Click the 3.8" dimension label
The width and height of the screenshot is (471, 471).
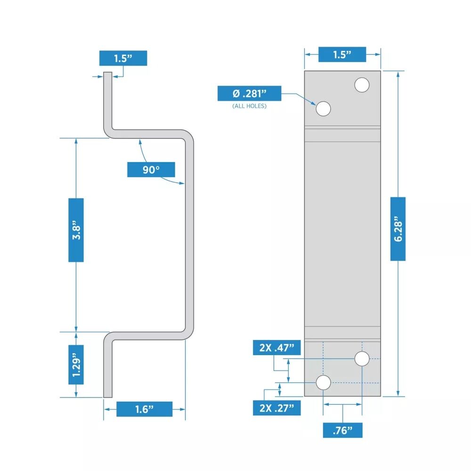click(76, 230)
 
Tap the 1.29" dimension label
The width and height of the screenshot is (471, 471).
click(76, 364)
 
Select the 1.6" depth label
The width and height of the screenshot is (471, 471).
click(144, 409)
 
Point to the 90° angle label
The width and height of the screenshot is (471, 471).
click(151, 170)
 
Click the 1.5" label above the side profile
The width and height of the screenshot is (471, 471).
click(123, 58)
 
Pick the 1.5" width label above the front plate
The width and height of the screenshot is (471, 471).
click(342, 54)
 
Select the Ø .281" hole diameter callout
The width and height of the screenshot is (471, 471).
click(249, 93)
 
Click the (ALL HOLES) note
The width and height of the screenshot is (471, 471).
click(249, 106)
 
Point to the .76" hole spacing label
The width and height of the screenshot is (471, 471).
click(342, 430)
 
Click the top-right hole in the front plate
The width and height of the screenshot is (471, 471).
click(362, 85)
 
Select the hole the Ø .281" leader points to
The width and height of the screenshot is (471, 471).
click(323, 109)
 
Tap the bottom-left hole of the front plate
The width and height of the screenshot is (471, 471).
click(323, 383)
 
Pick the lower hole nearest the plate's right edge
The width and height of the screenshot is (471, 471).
click(362, 359)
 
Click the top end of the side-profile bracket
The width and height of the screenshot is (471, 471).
click(108, 74)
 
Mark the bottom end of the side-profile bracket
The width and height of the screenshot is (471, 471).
click(108, 395)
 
